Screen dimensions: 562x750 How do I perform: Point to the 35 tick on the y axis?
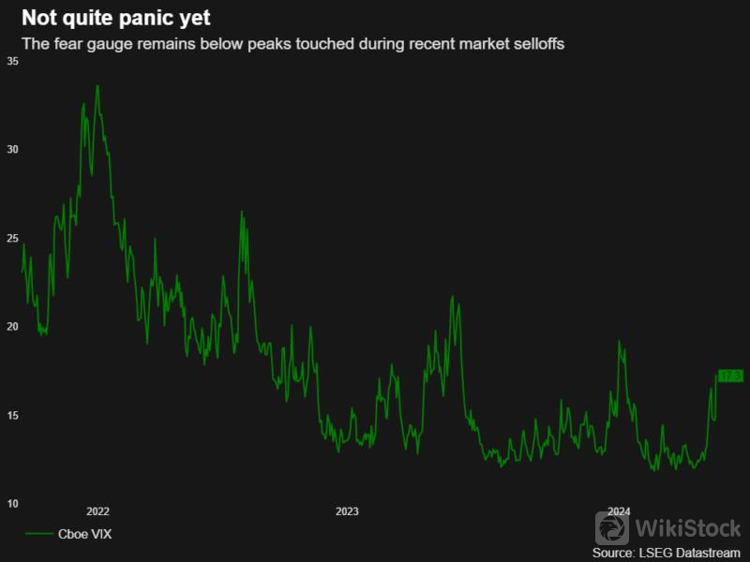click(13, 61)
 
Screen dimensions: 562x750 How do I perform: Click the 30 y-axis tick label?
click(13, 150)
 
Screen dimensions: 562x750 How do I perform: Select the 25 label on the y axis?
click(13, 238)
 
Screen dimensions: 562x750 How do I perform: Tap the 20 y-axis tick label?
click(13, 327)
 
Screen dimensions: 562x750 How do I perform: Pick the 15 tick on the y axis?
click(13, 415)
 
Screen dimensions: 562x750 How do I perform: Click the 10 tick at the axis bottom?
click(13, 504)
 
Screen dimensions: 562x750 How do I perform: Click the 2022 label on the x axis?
click(97, 511)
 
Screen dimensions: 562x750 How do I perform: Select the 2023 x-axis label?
click(347, 511)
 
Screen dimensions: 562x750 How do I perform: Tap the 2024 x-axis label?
click(619, 511)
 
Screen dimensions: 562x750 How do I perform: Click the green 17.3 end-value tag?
click(730, 376)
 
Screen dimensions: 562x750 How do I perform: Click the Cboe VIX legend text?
click(85, 534)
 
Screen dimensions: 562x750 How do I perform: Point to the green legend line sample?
click(38, 534)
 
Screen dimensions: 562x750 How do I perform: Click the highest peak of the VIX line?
click(97, 86)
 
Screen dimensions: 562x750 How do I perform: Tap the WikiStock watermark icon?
click(612, 527)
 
